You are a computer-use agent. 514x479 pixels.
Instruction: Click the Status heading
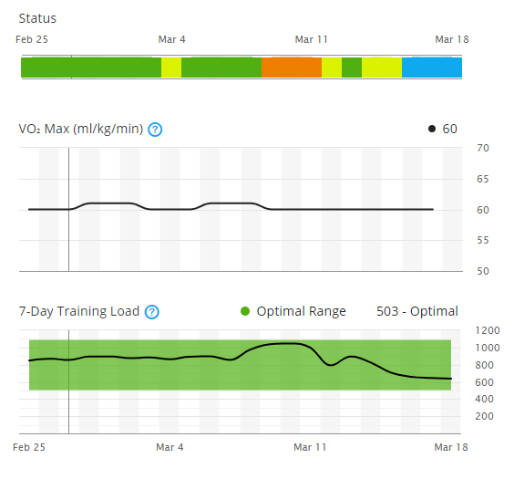(37, 17)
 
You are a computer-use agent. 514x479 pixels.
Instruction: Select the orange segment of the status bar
(291, 68)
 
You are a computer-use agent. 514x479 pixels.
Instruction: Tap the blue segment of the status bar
(432, 68)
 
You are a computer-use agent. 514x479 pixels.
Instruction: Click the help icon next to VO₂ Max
(155, 130)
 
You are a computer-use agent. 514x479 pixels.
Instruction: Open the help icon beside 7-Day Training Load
(152, 312)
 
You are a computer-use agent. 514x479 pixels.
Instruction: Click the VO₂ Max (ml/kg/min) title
(81, 129)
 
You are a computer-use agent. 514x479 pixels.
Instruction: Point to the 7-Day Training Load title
(79, 311)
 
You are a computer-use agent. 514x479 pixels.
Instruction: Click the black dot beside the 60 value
(432, 129)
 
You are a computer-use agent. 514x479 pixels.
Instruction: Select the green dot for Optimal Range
(245, 312)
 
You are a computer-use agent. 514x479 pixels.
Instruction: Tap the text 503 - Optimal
(417, 311)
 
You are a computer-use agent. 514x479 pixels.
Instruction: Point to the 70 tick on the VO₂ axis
(483, 148)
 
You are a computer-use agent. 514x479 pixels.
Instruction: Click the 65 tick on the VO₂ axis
(483, 179)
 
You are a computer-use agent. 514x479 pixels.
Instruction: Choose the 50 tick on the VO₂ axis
(483, 271)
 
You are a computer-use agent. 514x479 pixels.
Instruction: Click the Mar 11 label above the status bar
(311, 39)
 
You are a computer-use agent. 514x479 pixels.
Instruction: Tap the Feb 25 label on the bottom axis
(33, 447)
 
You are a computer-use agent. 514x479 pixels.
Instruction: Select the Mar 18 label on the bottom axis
(451, 447)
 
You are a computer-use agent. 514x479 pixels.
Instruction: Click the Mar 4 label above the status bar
(171, 39)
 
